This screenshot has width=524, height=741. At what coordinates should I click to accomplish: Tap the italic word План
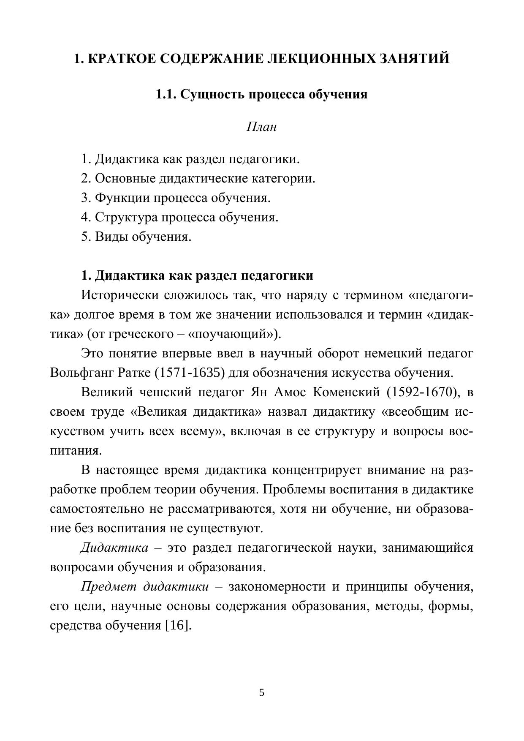click(x=261, y=127)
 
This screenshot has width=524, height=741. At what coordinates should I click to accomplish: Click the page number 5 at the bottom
click(x=262, y=692)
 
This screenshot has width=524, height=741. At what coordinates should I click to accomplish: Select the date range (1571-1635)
click(x=186, y=373)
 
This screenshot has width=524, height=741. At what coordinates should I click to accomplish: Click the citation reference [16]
click(x=177, y=625)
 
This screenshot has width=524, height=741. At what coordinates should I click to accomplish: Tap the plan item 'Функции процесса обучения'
click(x=182, y=198)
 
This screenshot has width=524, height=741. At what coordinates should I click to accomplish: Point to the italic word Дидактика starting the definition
click(x=114, y=548)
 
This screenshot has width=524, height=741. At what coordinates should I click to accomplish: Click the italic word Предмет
click(x=108, y=587)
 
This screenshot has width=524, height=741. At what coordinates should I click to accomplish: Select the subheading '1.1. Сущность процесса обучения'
click(x=262, y=94)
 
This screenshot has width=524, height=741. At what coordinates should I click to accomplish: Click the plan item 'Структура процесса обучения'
click(x=186, y=217)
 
